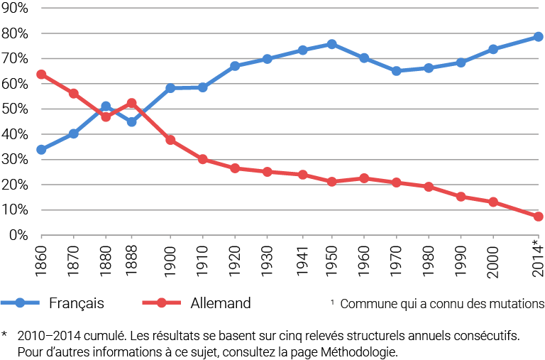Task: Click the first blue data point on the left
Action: [41, 150]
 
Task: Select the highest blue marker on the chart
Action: [539, 36]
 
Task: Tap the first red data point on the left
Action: [41, 74]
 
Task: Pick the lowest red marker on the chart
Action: [539, 217]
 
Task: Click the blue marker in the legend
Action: [20, 303]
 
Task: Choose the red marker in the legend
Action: [161, 303]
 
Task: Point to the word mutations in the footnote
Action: [519, 304]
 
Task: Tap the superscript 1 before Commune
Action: [331, 301]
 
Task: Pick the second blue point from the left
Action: [74, 133]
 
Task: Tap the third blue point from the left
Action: [106, 107]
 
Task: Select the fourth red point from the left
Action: [131, 103]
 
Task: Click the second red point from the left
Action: [74, 93]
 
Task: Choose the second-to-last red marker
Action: [493, 202]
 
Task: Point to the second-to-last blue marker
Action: [493, 49]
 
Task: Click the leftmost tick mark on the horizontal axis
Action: [41, 236]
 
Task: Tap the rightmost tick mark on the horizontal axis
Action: [539, 236]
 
